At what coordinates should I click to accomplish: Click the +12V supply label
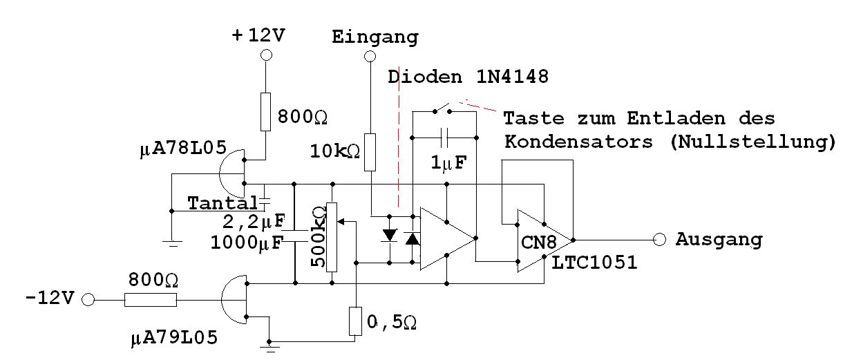pyautogui.click(x=258, y=37)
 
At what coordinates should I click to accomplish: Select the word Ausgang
pyautogui.click(x=719, y=240)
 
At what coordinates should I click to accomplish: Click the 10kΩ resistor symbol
pyautogui.click(x=370, y=153)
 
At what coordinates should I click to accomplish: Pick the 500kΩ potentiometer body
pyautogui.click(x=332, y=237)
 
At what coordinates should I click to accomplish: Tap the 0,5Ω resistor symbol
pyautogui.click(x=355, y=321)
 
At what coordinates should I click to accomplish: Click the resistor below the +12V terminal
pyautogui.click(x=265, y=111)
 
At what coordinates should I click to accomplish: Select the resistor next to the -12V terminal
pyautogui.click(x=151, y=301)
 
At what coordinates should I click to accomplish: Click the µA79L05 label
pyautogui.click(x=173, y=339)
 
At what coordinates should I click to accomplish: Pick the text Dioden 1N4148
pyautogui.click(x=468, y=77)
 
